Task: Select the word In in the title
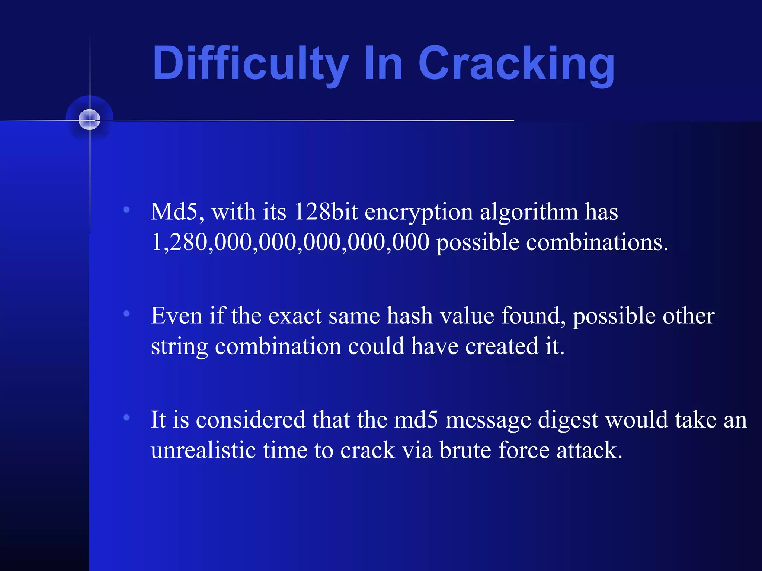click(x=383, y=63)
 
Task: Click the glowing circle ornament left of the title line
click(x=90, y=120)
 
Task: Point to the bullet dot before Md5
click(x=127, y=210)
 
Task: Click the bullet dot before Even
click(x=127, y=314)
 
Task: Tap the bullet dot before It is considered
click(x=127, y=417)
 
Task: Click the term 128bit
click(x=326, y=212)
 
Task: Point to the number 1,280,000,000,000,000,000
click(x=290, y=242)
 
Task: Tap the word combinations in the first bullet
click(x=597, y=242)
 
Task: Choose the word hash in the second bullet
click(x=410, y=316)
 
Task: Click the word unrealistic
click(x=203, y=450)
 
